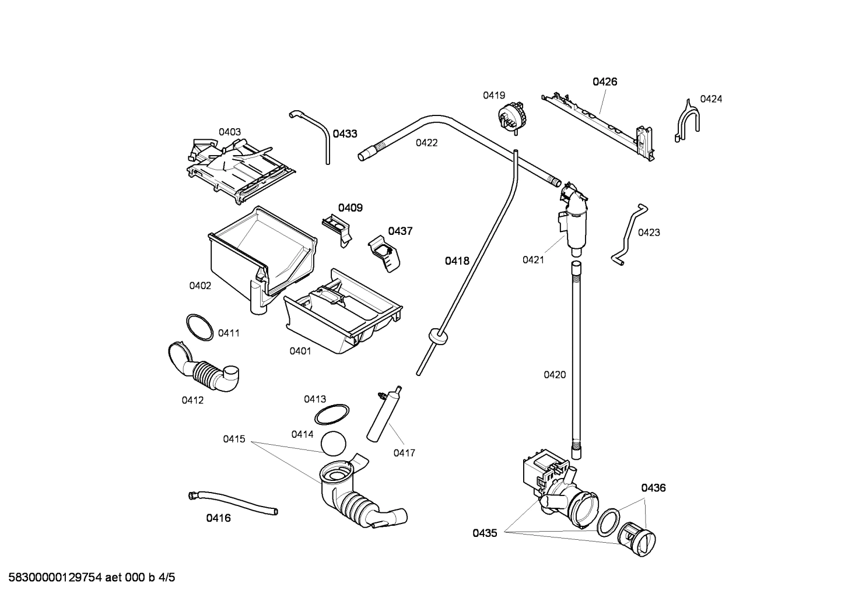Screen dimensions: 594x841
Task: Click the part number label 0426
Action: click(605, 82)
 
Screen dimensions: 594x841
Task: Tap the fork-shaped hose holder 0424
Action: click(687, 121)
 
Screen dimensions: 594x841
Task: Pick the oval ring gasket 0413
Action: click(332, 414)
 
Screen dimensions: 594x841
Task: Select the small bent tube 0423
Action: click(627, 234)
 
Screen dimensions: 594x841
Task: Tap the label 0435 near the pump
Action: click(485, 533)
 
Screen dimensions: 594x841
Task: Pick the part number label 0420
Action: click(555, 375)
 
